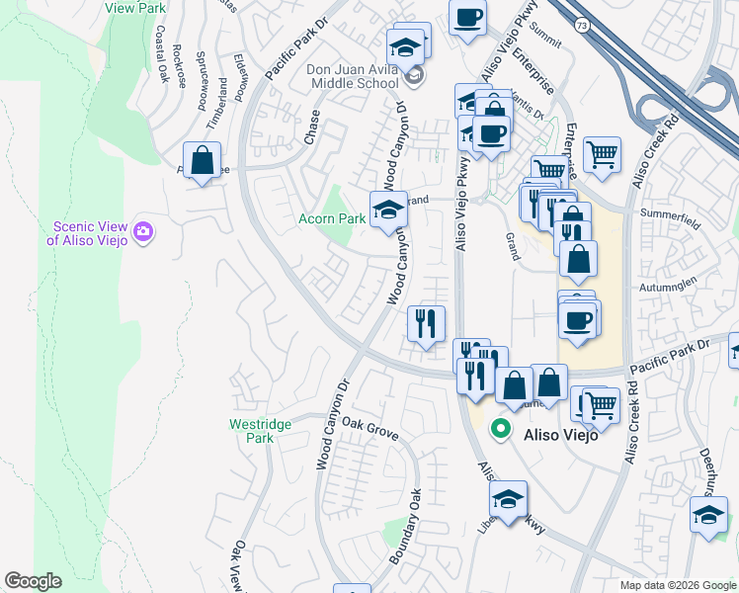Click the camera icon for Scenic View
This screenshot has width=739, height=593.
click(x=144, y=231)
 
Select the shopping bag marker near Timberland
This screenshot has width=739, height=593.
click(x=202, y=160)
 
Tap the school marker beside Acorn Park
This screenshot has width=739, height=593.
click(x=388, y=210)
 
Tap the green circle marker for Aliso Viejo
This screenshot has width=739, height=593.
click(x=501, y=430)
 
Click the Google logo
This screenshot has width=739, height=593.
click(x=33, y=581)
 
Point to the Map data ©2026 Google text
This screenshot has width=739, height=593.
click(x=678, y=585)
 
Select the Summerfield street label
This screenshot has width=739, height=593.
click(x=670, y=218)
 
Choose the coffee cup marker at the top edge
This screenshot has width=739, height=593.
click(x=467, y=17)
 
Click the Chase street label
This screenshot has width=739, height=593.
click(x=313, y=128)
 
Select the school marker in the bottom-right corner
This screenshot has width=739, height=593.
click(x=707, y=516)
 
